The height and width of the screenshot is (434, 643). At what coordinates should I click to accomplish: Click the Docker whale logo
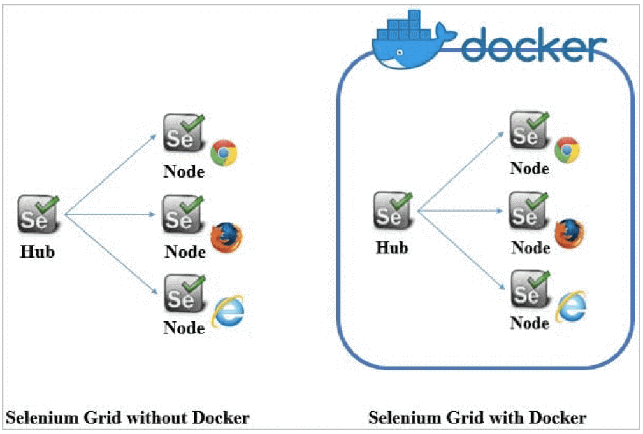(x=412, y=41)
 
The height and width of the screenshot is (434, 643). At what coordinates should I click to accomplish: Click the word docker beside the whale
(x=534, y=45)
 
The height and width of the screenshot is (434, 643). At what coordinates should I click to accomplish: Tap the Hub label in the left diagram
(x=38, y=252)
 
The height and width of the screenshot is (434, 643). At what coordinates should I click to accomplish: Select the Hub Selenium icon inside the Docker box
(x=393, y=211)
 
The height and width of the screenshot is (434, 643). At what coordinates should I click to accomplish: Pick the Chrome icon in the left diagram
(x=224, y=153)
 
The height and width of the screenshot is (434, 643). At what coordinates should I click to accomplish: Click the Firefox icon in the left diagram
(x=226, y=237)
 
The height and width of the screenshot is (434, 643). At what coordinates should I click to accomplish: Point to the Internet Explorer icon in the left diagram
(x=228, y=312)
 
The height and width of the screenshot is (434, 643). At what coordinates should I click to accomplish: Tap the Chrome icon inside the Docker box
(x=567, y=150)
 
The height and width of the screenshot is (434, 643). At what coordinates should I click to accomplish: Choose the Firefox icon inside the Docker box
(x=570, y=234)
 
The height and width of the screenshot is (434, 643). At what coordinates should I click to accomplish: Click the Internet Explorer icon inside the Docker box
(x=571, y=307)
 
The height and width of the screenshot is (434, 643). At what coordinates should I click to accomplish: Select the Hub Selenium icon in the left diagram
(x=38, y=214)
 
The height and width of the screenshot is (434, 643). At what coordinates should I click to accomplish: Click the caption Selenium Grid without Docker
(x=127, y=417)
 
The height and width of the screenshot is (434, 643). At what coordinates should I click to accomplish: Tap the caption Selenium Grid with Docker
(x=477, y=417)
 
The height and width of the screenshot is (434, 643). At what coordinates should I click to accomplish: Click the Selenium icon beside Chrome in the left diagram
(x=184, y=133)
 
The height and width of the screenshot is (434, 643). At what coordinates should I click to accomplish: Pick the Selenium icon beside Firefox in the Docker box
(x=528, y=211)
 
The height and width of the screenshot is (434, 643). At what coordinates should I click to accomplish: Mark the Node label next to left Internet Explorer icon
(x=184, y=328)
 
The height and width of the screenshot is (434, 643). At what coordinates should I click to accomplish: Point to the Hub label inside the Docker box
(x=392, y=248)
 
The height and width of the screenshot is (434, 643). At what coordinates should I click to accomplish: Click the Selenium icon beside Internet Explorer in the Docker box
(x=530, y=289)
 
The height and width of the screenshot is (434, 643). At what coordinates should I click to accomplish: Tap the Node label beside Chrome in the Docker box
(x=530, y=169)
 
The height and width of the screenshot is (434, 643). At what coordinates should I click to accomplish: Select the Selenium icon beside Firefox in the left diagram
(x=184, y=214)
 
